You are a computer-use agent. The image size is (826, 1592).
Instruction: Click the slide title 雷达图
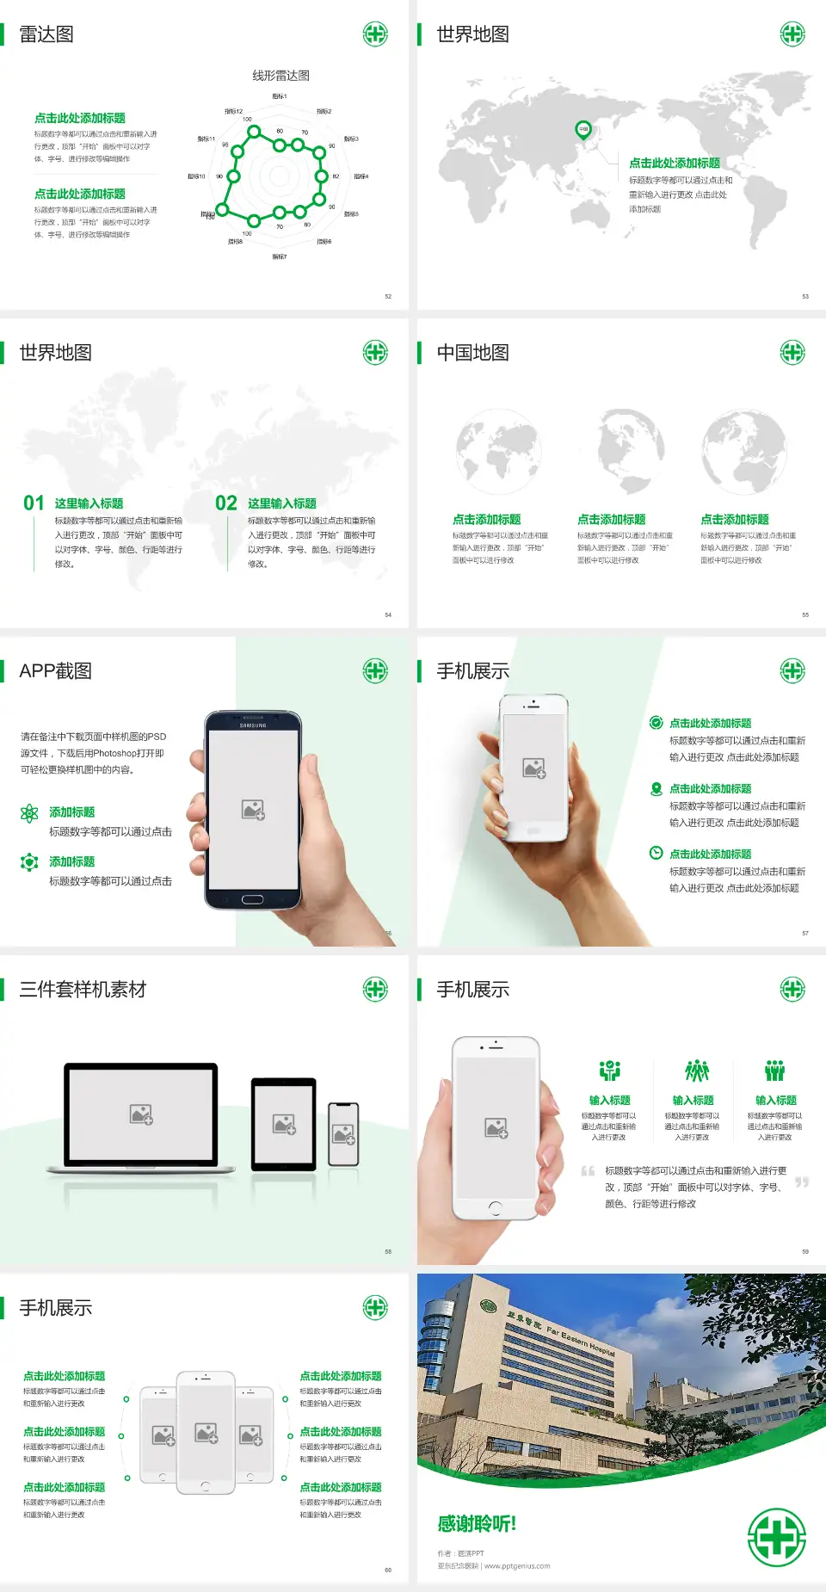tap(46, 34)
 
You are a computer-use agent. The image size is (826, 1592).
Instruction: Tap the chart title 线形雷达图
tap(280, 76)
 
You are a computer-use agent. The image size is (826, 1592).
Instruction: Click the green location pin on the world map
tap(583, 130)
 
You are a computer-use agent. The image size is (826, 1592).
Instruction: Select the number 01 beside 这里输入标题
tap(34, 503)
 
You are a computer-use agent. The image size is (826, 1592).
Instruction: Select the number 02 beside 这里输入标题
tap(226, 503)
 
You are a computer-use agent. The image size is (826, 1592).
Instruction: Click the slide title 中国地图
tap(472, 353)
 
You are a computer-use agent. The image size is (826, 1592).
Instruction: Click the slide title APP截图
tap(55, 671)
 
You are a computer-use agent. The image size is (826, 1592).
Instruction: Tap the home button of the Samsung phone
tap(252, 899)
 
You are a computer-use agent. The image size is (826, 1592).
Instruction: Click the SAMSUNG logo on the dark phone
tap(253, 725)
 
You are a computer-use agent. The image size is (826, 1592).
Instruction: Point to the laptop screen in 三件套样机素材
tap(141, 1114)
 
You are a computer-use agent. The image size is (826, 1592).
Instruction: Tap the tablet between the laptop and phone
tap(284, 1123)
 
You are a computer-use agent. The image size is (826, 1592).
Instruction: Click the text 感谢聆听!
tap(477, 1524)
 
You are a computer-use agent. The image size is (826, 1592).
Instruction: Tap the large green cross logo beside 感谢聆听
tap(776, 1537)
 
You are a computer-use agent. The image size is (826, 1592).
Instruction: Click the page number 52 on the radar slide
tap(388, 296)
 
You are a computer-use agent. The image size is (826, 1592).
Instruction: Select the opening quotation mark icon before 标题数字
tap(588, 1170)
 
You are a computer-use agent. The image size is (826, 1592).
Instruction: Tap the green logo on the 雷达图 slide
tap(375, 34)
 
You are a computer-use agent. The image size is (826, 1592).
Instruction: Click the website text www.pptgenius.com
tap(517, 1566)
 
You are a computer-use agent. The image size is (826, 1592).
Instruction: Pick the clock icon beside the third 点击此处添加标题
tap(656, 853)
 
